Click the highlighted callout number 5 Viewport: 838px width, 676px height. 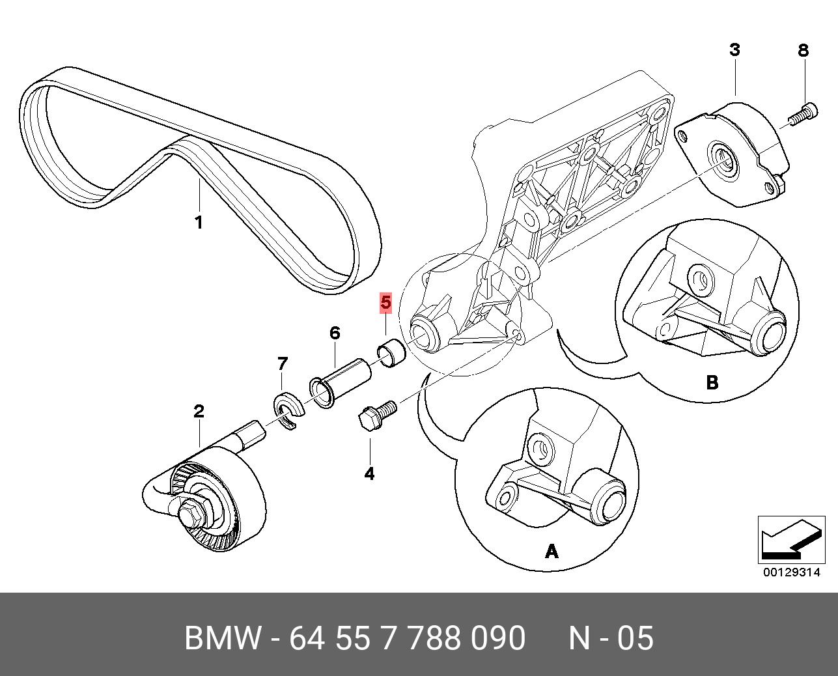[x=385, y=303]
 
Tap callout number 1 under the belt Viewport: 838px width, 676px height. [x=199, y=222]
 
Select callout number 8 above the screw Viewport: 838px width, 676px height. [x=803, y=50]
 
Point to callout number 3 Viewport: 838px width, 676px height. [x=734, y=49]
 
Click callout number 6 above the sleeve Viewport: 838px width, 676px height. [x=334, y=333]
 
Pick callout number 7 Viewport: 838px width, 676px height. [x=282, y=363]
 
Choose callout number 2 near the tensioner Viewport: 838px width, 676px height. [x=199, y=411]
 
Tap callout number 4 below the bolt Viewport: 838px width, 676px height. [x=369, y=473]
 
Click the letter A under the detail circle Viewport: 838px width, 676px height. [x=551, y=552]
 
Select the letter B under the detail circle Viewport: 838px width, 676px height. [x=712, y=382]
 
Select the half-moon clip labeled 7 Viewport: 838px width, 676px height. [x=287, y=410]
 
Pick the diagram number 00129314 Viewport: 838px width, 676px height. [x=791, y=572]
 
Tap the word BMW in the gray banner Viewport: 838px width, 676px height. [x=222, y=638]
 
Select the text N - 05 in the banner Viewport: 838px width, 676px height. [x=610, y=638]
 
